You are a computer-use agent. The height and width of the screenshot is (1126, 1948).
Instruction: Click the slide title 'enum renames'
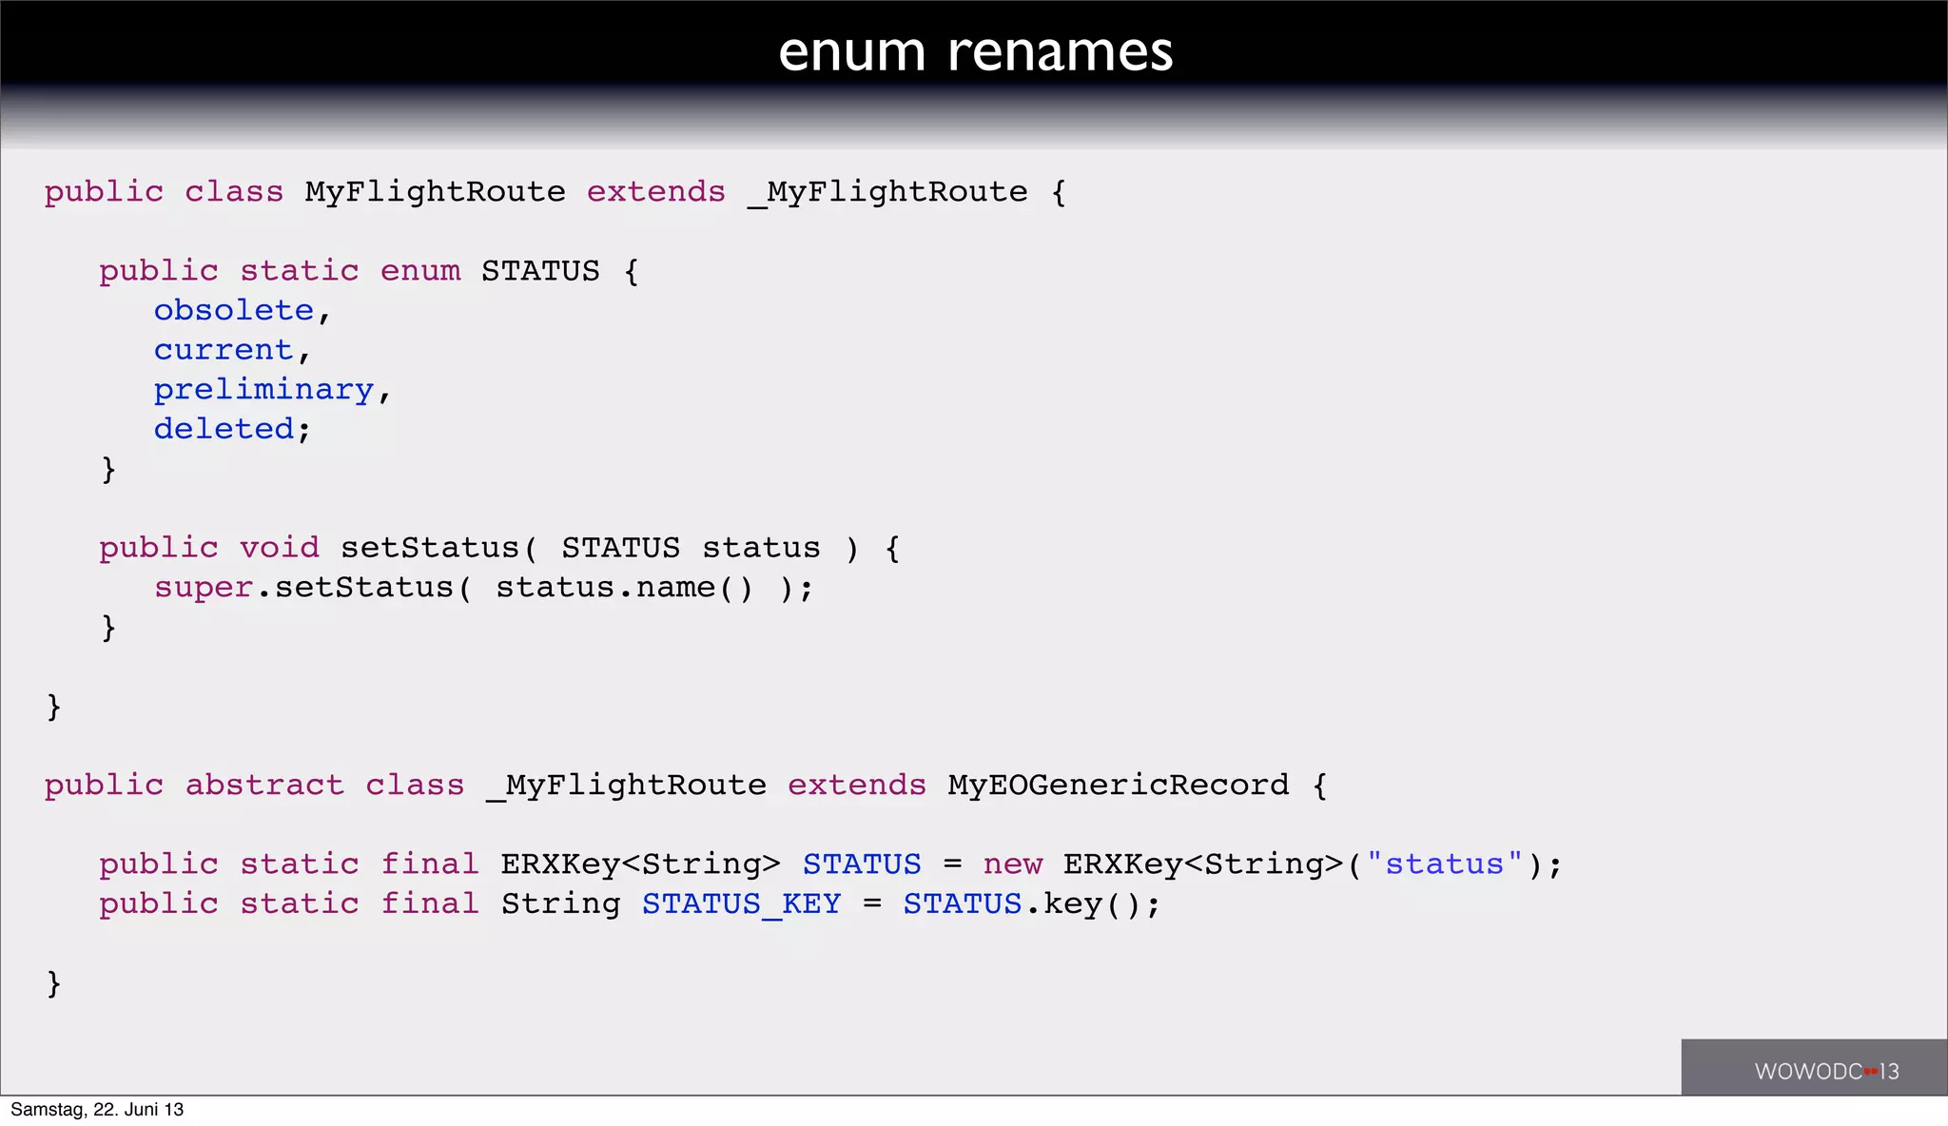975,51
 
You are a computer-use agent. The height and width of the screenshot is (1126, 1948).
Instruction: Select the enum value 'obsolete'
233,311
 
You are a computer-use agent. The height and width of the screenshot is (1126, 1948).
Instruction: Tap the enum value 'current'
223,351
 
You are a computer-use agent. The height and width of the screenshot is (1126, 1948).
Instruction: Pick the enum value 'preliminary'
263,391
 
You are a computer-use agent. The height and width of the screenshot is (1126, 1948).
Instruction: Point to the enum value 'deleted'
224,430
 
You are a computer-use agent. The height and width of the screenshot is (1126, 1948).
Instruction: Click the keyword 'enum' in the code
419,272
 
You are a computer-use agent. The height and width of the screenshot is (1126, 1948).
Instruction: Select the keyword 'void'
279,549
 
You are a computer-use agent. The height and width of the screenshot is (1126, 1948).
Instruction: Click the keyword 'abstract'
263,786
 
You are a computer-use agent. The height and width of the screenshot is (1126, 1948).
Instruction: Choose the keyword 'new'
1012,864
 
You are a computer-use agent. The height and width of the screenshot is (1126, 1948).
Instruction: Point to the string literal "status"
1444,864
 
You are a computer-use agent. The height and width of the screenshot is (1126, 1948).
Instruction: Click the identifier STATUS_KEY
741,904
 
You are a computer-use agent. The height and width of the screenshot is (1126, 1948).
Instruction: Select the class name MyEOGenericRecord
1118,786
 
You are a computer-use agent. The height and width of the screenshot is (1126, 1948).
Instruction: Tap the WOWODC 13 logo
1826,1071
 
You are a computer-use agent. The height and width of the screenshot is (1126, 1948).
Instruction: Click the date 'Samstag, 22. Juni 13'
97,1110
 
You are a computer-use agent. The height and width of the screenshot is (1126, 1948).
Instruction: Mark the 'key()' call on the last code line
1091,904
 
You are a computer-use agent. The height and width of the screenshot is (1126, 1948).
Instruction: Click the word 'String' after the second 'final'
560,904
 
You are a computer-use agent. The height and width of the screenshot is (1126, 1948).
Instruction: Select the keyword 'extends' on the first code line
655,193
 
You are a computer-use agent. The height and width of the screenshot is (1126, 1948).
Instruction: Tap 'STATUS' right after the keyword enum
540,272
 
